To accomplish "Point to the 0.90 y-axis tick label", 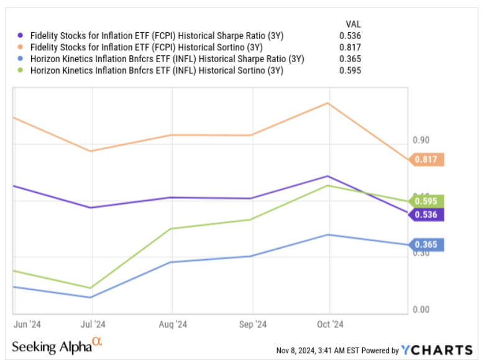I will pyautogui.click(x=422, y=141).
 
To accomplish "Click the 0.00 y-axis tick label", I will pyautogui.click(x=422, y=310).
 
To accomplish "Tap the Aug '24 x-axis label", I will pyautogui.click(x=173, y=324).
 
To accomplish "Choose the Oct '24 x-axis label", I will pyautogui.click(x=329, y=324).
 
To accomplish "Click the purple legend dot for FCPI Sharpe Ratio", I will pyautogui.click(x=22, y=35).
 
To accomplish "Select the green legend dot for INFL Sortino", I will pyautogui.click(x=22, y=71).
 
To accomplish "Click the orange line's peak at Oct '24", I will pyautogui.click(x=328, y=103).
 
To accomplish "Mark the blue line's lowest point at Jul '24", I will pyautogui.click(x=92, y=297).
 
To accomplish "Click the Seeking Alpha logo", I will pyautogui.click(x=57, y=345).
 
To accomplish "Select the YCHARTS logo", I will pyautogui.click(x=437, y=350).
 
